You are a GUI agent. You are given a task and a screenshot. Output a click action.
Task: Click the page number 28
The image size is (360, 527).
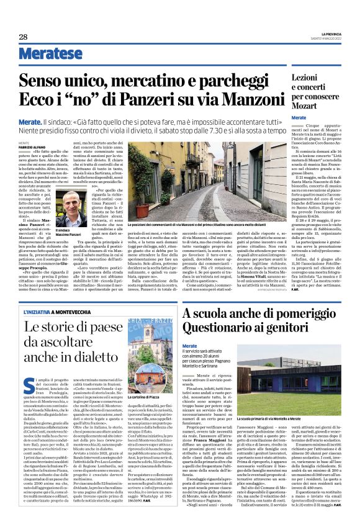click(x=23, y=37)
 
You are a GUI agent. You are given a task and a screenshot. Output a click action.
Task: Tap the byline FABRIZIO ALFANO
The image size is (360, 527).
click(x=34, y=146)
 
